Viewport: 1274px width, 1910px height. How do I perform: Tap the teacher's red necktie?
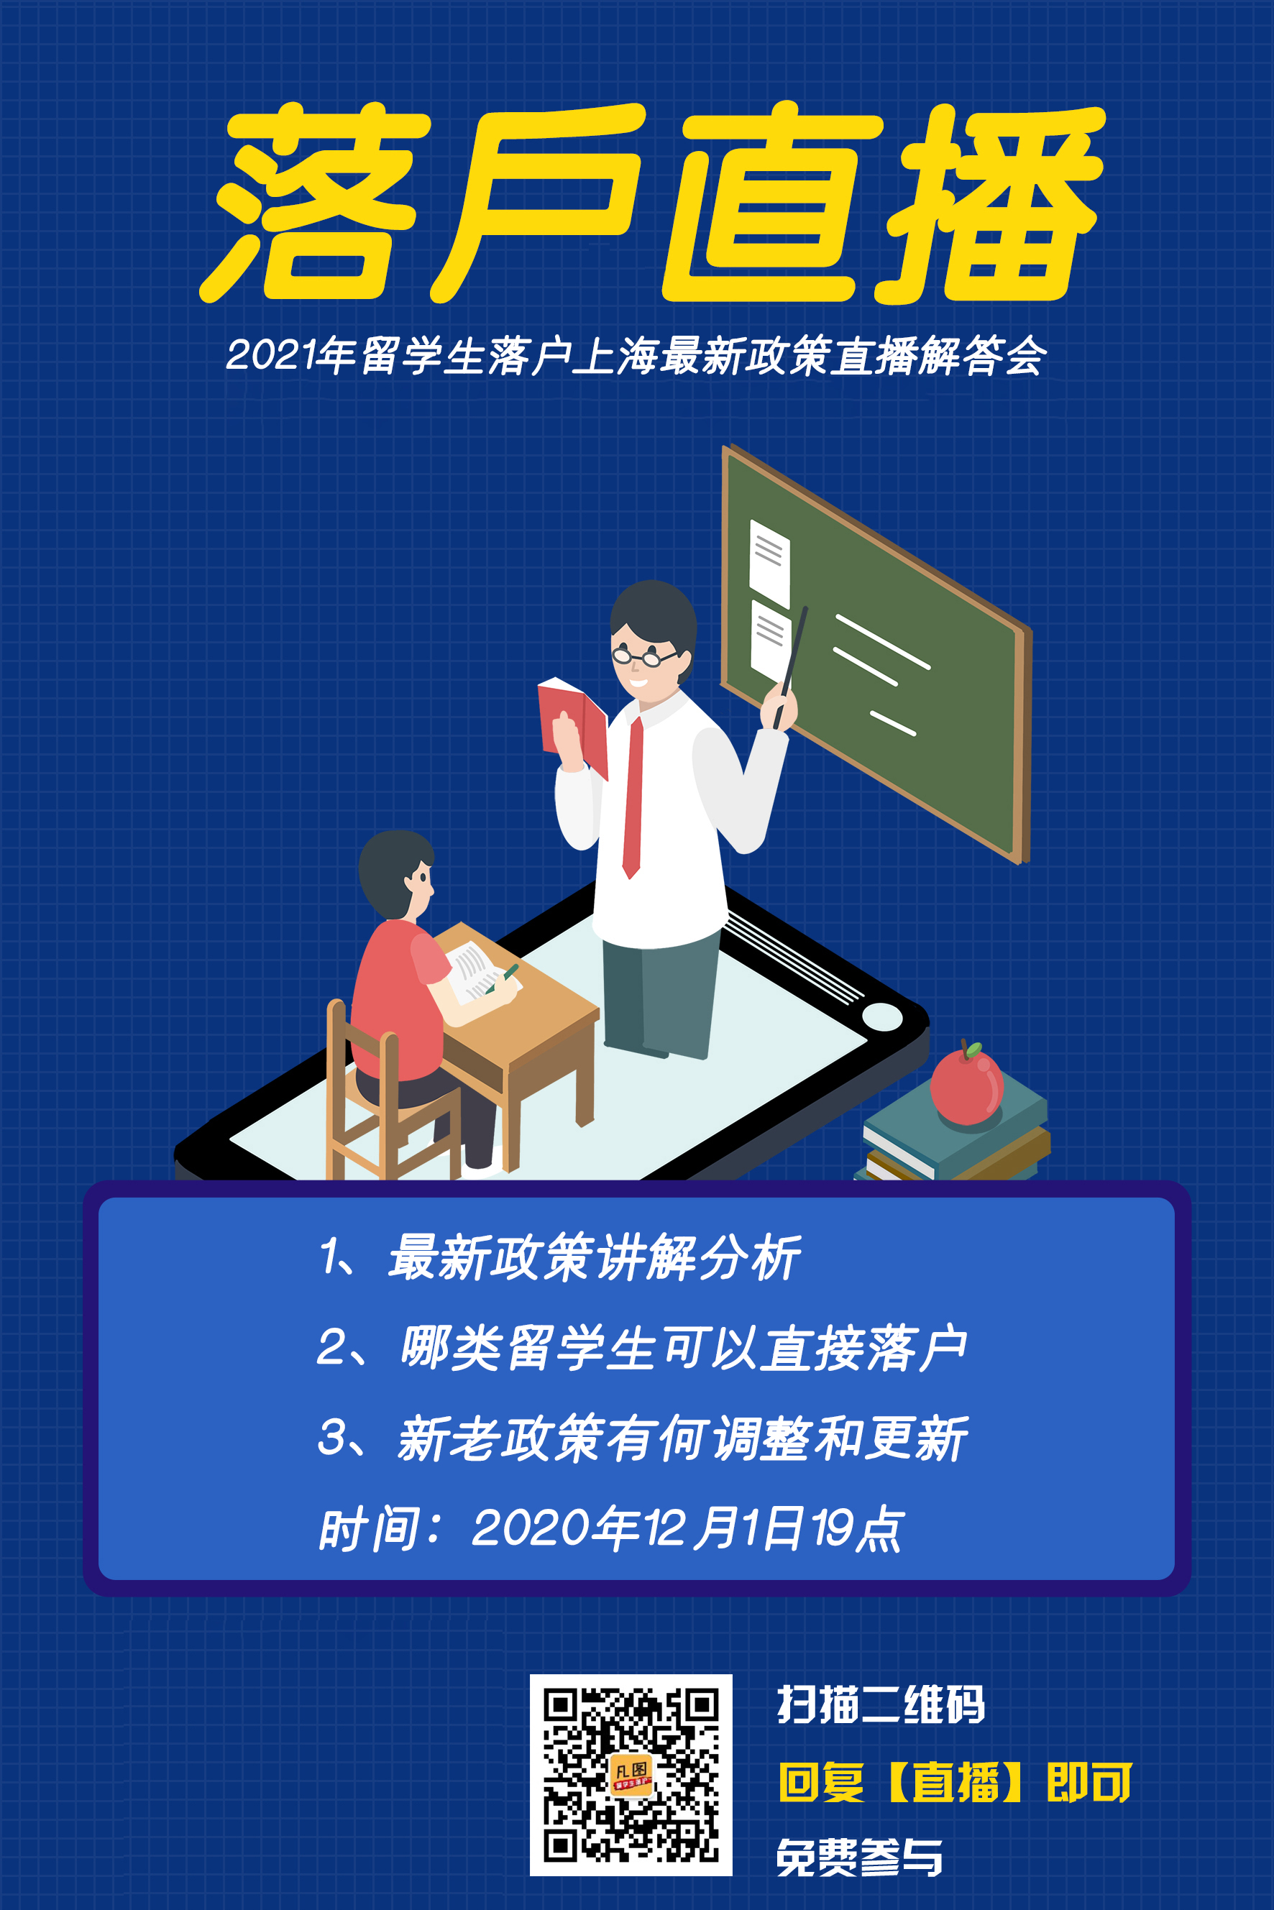point(633,797)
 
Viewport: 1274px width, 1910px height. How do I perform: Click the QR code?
point(631,1775)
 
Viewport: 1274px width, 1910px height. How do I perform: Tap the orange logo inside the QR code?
point(631,1774)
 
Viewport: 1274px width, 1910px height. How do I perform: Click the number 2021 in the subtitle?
point(271,355)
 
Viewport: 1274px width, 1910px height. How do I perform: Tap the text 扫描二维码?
point(881,1704)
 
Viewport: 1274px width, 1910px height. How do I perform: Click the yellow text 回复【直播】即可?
point(955,1781)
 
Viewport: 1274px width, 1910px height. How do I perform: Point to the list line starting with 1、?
point(560,1257)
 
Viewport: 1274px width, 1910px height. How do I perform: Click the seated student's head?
point(396,874)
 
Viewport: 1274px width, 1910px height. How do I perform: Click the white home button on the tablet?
point(882,1016)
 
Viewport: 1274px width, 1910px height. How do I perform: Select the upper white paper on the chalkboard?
point(769,563)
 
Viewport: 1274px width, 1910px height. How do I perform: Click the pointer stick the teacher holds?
point(791,667)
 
